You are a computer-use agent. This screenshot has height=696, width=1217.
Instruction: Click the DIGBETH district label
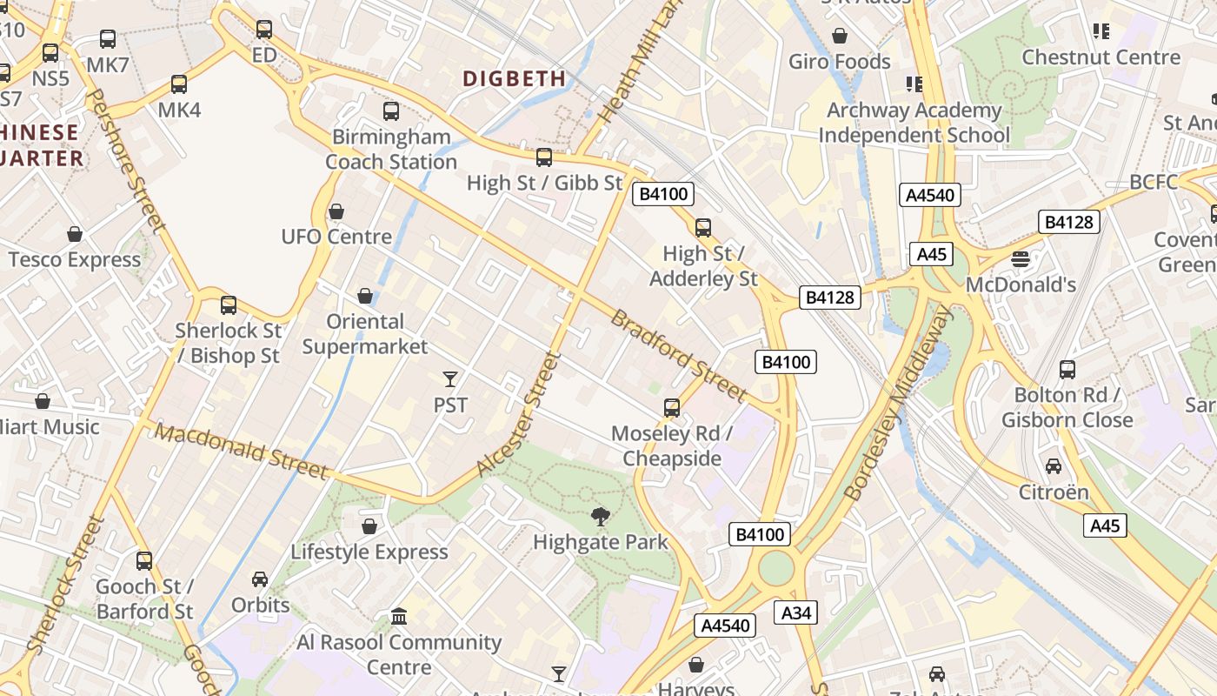(x=514, y=78)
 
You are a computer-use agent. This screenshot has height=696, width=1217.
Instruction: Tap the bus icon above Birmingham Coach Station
(x=391, y=111)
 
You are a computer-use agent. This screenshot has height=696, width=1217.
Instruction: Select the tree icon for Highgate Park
(x=600, y=517)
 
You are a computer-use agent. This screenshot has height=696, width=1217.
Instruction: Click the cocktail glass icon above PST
(x=450, y=378)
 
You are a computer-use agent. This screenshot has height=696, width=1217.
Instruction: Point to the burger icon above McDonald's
(x=1021, y=258)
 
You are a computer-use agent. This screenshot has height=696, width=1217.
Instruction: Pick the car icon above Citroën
(x=1054, y=466)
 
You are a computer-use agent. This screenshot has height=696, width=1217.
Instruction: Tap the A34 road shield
(x=795, y=612)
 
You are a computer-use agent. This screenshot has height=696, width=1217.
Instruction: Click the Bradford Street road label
(x=678, y=356)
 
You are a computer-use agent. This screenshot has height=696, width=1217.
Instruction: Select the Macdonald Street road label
(x=243, y=452)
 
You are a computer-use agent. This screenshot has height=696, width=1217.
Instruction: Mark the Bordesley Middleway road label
(x=899, y=403)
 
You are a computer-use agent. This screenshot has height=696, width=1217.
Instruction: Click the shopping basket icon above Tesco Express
(x=75, y=234)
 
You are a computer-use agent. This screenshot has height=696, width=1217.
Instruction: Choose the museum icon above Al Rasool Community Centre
(x=399, y=616)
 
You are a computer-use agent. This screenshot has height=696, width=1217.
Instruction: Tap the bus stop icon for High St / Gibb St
(x=544, y=157)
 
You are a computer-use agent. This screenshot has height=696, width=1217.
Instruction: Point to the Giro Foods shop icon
(x=840, y=36)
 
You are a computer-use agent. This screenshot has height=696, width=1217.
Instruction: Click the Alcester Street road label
(x=515, y=413)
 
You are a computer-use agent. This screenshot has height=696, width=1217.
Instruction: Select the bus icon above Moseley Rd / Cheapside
(x=671, y=407)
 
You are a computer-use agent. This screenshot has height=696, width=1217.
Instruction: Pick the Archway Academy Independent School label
(x=914, y=123)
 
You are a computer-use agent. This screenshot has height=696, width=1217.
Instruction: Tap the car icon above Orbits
(x=260, y=579)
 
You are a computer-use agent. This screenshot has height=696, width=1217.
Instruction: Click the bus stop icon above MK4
(x=179, y=84)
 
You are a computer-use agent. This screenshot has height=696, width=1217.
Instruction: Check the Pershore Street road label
(x=128, y=161)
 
